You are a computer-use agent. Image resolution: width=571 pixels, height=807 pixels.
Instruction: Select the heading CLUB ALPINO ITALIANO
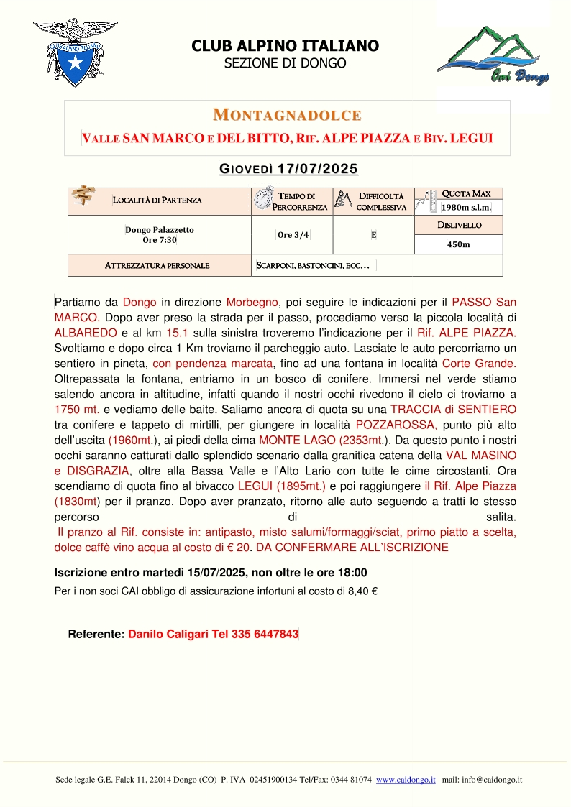[x=285, y=46]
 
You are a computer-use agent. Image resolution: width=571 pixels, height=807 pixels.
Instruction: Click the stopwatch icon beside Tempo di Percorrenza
[x=262, y=198]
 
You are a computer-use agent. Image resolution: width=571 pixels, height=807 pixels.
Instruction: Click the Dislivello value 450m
[x=458, y=245]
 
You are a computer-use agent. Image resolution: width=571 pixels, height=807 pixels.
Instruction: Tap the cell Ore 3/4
[x=293, y=235]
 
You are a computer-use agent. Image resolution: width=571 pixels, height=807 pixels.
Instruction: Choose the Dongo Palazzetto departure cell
[x=160, y=234]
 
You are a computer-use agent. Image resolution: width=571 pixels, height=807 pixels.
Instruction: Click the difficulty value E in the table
[x=374, y=235]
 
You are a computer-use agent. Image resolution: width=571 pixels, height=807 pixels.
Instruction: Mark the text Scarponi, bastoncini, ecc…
[x=313, y=266]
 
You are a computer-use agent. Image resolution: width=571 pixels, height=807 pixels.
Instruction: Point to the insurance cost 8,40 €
[x=362, y=593]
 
